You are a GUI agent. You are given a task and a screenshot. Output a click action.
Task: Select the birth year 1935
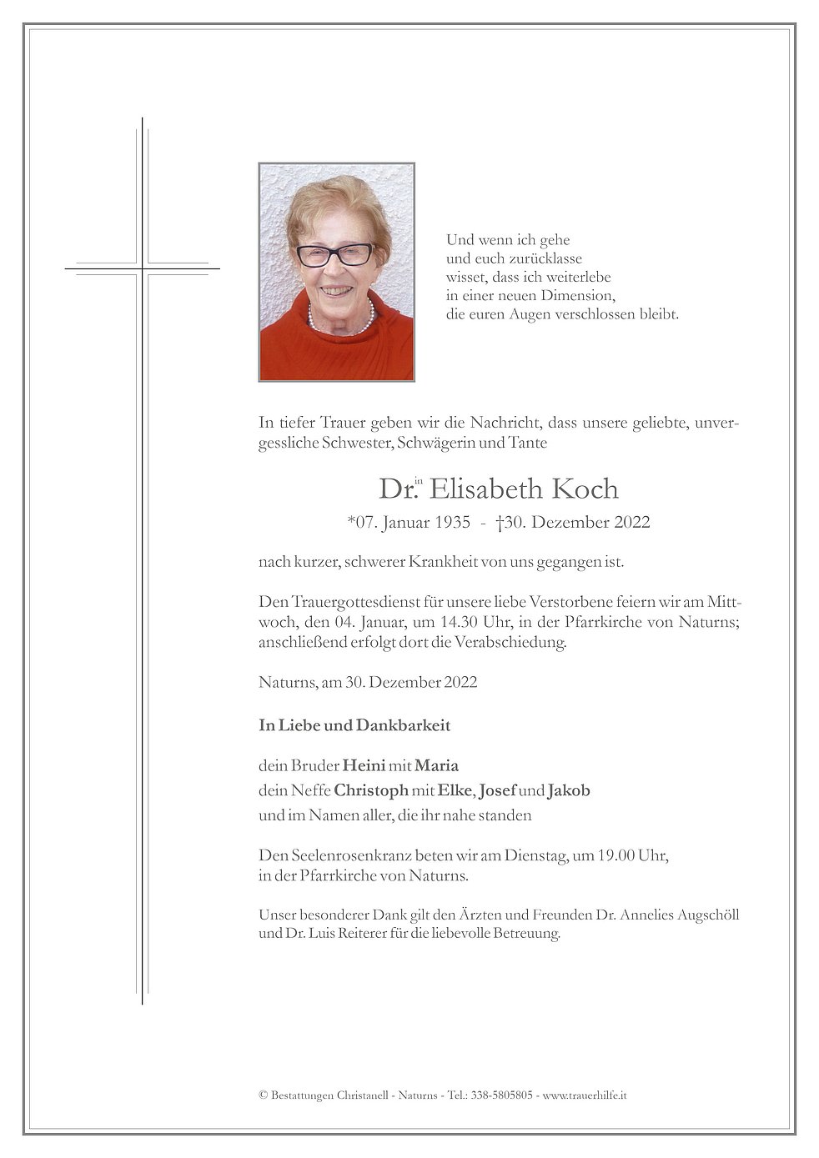tap(451, 524)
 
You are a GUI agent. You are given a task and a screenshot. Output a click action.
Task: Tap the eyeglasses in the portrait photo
tap(335, 253)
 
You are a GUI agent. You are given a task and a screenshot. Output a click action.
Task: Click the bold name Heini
tap(364, 765)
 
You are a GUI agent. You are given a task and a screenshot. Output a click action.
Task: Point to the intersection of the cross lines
tap(143, 269)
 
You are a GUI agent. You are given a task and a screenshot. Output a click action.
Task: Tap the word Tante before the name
tap(527, 443)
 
